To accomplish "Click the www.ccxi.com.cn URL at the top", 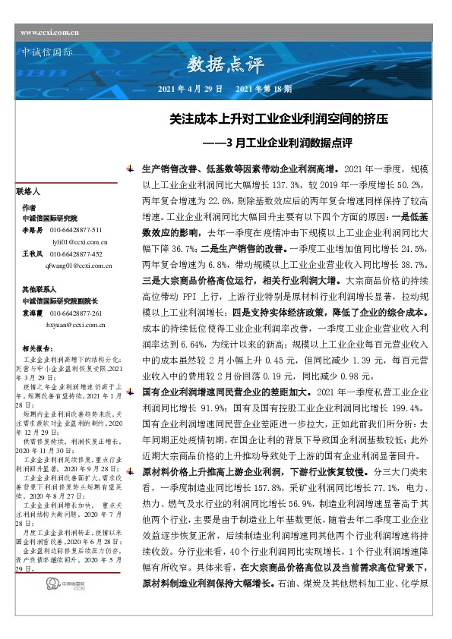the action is pos(51,33).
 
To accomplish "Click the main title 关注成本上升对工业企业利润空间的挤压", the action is pos(279,120).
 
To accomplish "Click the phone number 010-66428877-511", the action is pos(75,229).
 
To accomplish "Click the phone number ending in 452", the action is pos(75,253).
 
